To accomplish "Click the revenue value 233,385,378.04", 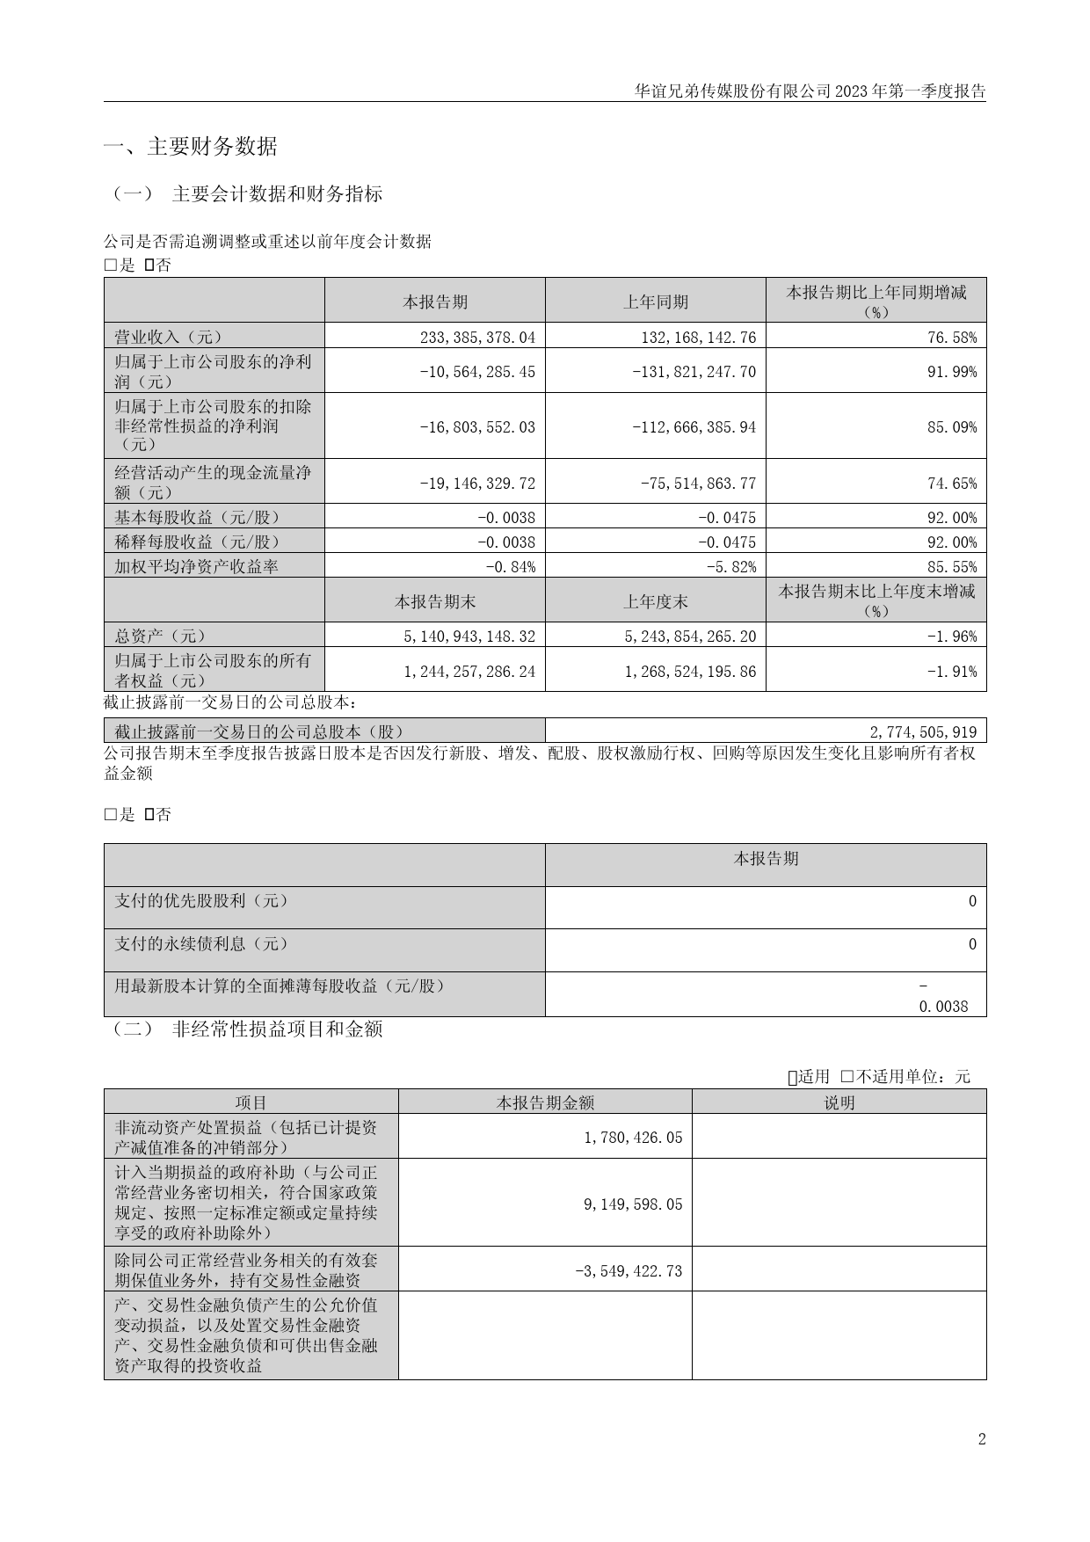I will tap(471, 337).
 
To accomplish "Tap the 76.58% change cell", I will tap(954, 337).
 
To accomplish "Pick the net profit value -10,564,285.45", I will tap(477, 372).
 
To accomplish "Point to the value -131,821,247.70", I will tap(694, 372).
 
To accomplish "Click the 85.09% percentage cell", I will tap(954, 427).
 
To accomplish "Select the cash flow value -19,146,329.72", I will tap(477, 484).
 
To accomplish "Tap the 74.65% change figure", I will tap(954, 484).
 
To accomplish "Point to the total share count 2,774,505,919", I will tap(923, 731).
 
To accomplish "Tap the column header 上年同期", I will tap(655, 302).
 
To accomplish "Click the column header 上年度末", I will tap(655, 601).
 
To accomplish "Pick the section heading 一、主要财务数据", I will tap(191, 147).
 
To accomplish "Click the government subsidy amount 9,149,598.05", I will tap(633, 1204).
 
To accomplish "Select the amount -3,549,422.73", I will tap(629, 1271).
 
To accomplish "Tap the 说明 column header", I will tap(839, 1102).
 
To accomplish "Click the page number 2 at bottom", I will tap(981, 1439).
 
